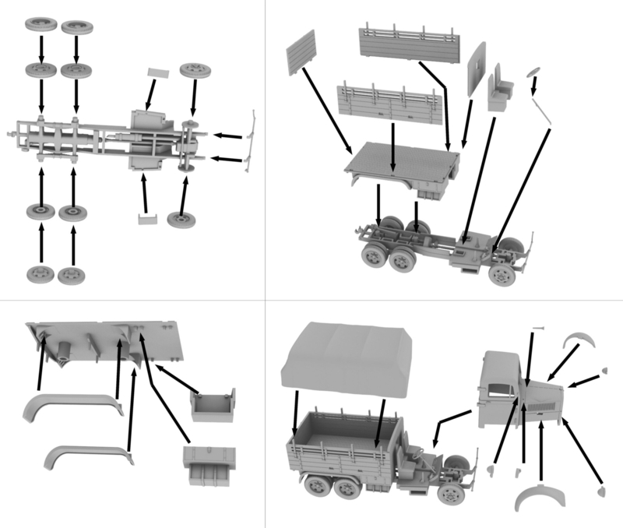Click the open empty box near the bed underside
(213, 404)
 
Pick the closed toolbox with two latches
(208, 466)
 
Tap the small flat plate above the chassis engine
(158, 72)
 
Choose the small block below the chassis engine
(146, 219)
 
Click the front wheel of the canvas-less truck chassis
(501, 275)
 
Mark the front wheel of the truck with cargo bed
(450, 492)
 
